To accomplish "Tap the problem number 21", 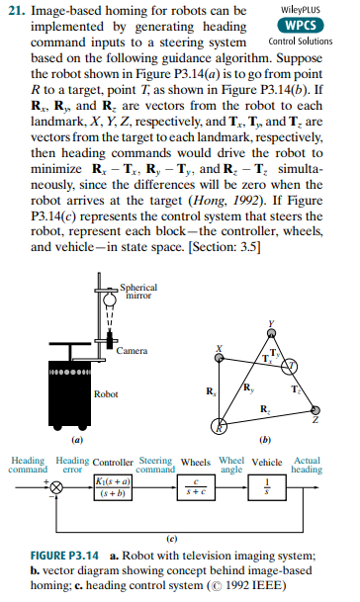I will tap(16, 14).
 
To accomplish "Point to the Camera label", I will tap(132, 351).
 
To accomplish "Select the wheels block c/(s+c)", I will tap(196, 490).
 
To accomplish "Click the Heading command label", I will tap(23, 465).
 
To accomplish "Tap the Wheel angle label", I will tap(229, 465).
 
